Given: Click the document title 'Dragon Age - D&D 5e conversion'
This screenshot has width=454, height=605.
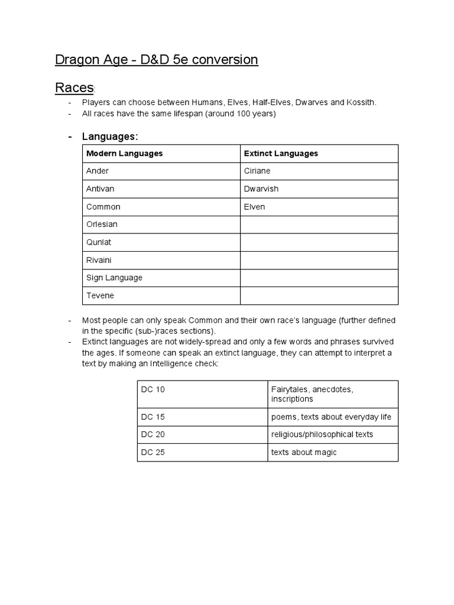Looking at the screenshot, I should pos(157,60).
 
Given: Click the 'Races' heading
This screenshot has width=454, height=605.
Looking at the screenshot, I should pos(74,88).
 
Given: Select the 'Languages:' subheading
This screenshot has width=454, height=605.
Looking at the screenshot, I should pos(110,136).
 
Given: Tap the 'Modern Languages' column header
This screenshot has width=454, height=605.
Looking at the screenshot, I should pos(125,154).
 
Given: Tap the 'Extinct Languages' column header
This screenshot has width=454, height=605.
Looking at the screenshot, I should pos(281,154).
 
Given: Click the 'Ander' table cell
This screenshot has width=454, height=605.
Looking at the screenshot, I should pos(98,171).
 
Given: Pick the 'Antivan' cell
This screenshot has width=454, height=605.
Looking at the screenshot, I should pos(100,189).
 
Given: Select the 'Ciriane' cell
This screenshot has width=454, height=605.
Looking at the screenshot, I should pos(257,171).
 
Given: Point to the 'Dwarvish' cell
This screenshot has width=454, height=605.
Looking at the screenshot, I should pos(261,189).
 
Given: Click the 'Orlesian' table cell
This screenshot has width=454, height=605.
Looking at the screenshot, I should pos(102,225).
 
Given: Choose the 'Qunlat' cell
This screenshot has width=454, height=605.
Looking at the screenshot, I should pos(99,242).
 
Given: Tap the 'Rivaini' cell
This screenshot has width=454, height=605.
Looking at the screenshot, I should pos(99,260).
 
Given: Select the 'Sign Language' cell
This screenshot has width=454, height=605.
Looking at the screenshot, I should pos(115,278).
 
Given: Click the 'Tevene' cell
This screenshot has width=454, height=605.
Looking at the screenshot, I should pos(100,295).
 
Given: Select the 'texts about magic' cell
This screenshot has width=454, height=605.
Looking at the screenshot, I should pos(304,453).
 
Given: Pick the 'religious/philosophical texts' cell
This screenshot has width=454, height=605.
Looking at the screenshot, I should pos(322,435).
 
